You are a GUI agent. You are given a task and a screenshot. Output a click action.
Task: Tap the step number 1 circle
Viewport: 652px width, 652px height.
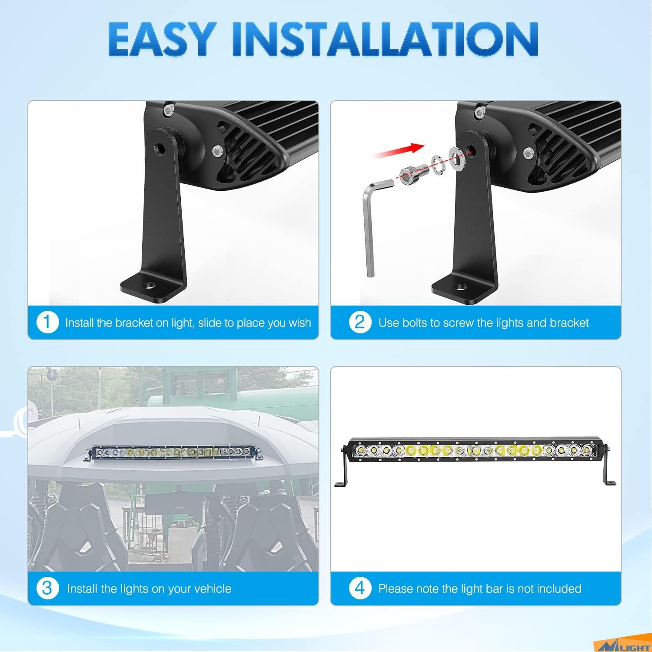[x=47, y=323]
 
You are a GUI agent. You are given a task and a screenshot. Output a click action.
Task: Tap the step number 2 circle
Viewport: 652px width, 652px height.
[x=360, y=323]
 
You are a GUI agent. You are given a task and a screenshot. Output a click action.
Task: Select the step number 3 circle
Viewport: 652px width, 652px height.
[x=47, y=589]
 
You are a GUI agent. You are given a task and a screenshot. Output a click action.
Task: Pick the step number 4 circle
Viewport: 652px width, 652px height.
[x=360, y=589]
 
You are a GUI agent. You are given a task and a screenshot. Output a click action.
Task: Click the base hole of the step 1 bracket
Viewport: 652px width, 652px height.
[x=150, y=286]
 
